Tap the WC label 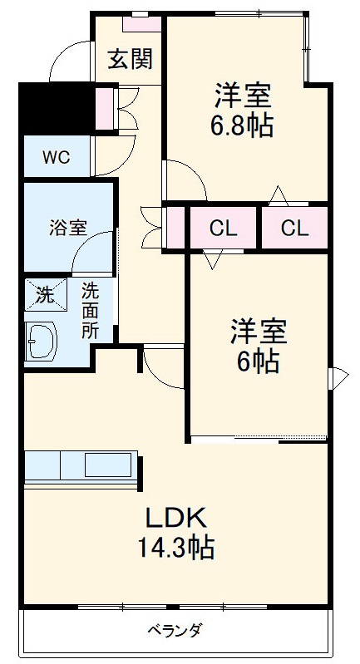click(57, 157)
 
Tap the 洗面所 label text click(89, 309)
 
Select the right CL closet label click(293, 228)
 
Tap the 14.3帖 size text click(176, 547)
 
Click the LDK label click(175, 519)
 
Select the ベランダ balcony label click(175, 629)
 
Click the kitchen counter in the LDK click(81, 467)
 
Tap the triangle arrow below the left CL click(211, 260)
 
